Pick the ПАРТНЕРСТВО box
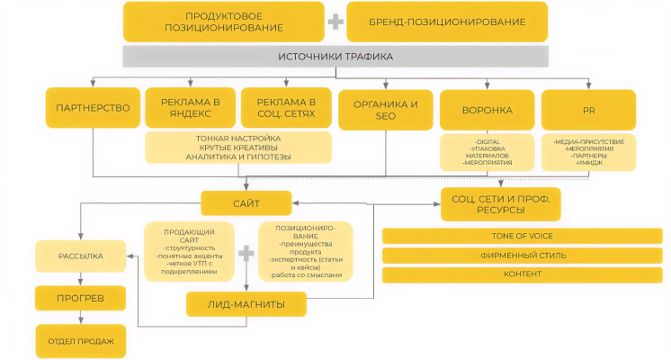(x=94, y=108)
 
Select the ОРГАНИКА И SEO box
(x=386, y=110)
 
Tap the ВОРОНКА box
(x=488, y=110)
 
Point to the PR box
(x=588, y=110)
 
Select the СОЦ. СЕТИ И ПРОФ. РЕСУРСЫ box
(x=500, y=204)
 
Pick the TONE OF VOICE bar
(x=523, y=236)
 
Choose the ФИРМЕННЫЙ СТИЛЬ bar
(x=523, y=255)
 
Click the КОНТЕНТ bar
(x=523, y=274)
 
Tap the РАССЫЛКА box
(x=80, y=256)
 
